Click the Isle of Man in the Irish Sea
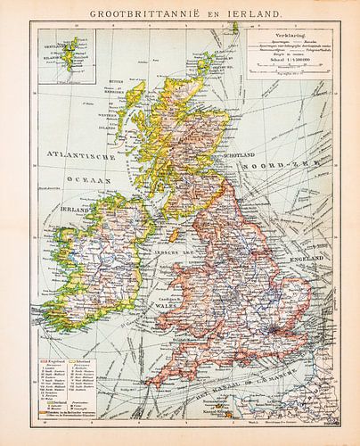176,234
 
